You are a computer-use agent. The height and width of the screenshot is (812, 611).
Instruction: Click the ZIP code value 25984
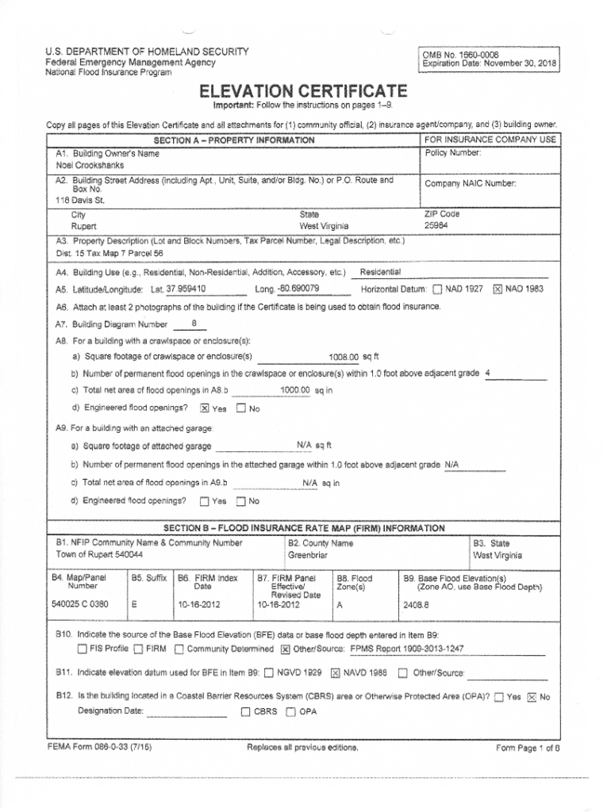click(436, 225)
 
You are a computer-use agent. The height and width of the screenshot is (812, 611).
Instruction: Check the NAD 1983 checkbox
click(498, 289)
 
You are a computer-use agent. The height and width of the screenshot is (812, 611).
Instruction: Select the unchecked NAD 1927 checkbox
click(439, 289)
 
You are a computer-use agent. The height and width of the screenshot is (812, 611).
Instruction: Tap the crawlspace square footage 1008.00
click(344, 357)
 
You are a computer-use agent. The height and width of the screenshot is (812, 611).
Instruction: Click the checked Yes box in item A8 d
click(204, 408)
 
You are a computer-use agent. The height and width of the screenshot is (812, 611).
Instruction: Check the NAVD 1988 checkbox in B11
click(335, 674)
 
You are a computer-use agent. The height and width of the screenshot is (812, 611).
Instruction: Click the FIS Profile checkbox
click(82, 649)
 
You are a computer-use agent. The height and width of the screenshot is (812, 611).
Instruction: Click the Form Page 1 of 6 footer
click(528, 748)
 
